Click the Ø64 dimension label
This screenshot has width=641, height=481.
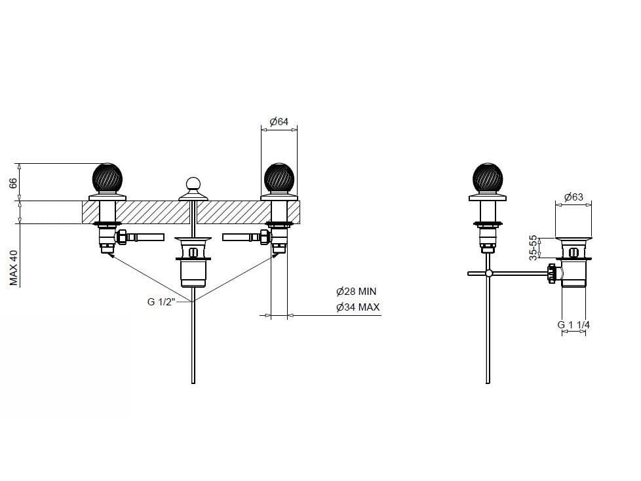[x=279, y=121]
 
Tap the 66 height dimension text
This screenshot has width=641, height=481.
[x=14, y=183]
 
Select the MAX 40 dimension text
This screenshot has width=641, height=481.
[x=14, y=267]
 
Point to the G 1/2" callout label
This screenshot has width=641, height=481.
[x=161, y=302]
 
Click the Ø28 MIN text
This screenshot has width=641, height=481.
[x=356, y=292]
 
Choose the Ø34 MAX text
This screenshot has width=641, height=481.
[x=358, y=307]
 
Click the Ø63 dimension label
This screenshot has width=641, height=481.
[x=573, y=197]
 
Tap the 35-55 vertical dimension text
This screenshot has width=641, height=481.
[x=534, y=248]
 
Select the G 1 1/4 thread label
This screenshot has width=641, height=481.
[x=573, y=324]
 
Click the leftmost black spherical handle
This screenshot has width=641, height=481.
[x=107, y=178]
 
